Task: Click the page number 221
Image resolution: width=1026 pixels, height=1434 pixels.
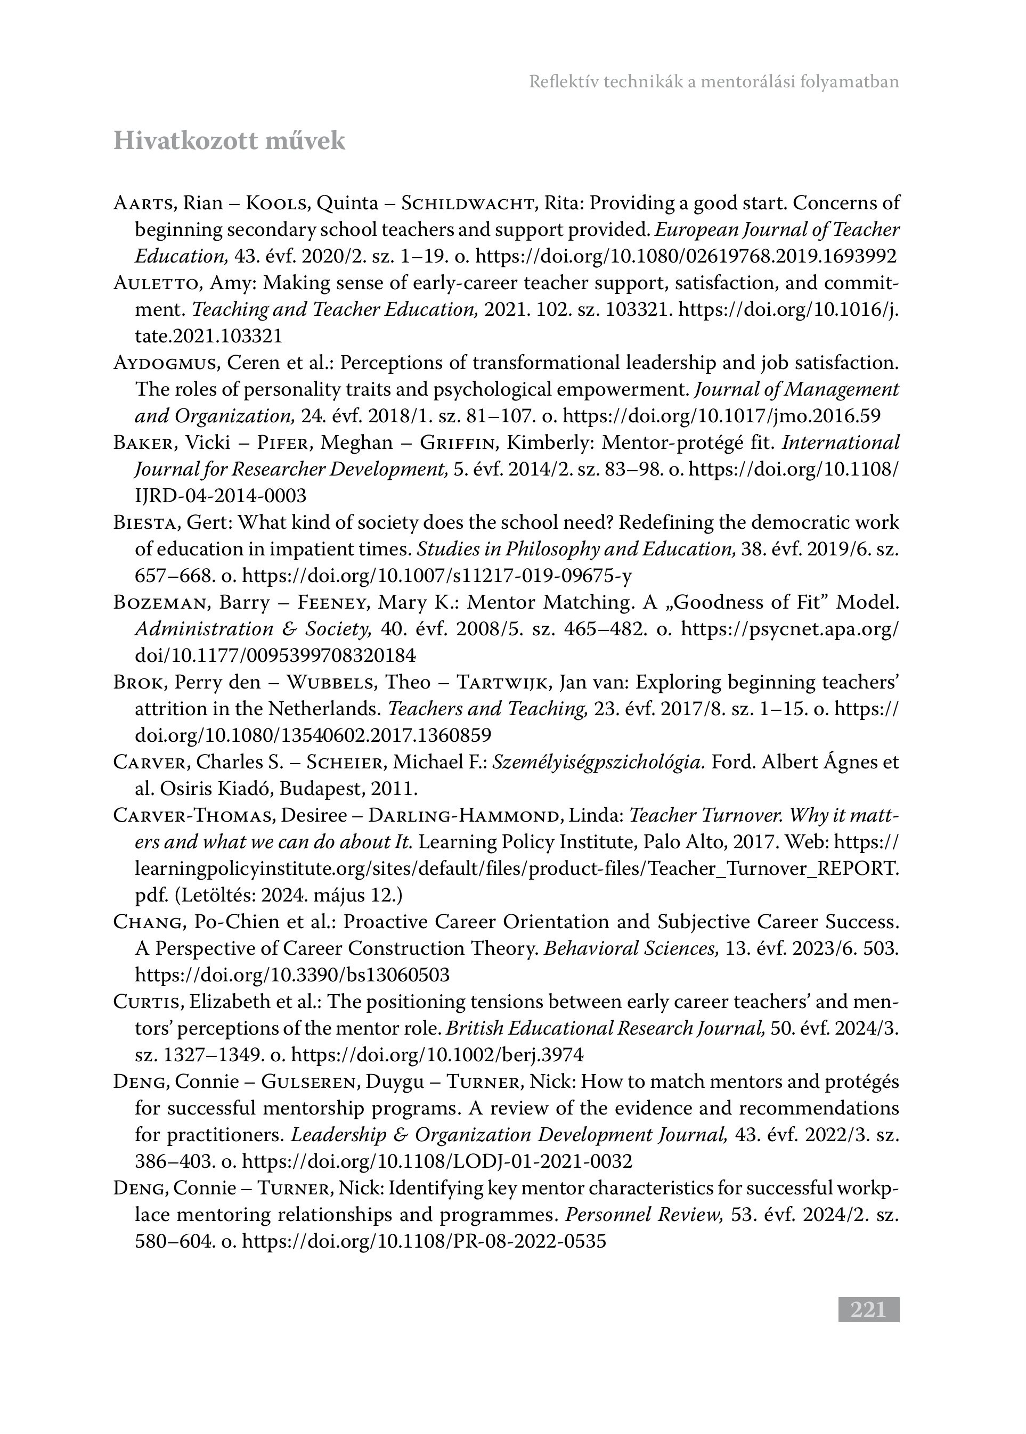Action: point(868,1310)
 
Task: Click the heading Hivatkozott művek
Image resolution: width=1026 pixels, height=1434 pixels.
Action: point(230,141)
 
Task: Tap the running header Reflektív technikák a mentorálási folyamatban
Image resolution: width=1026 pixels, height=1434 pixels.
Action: point(714,82)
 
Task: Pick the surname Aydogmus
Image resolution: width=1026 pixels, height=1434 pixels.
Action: point(166,363)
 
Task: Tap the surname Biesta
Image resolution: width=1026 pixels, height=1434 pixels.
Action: point(149,523)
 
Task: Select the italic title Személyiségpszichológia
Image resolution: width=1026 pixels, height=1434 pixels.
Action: point(598,762)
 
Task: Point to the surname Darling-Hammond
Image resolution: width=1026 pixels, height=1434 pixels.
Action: point(465,815)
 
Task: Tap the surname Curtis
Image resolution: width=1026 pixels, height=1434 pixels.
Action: point(149,1002)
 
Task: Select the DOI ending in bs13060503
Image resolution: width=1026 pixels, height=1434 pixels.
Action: point(292,975)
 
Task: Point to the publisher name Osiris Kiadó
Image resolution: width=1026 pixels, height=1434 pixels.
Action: point(217,789)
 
